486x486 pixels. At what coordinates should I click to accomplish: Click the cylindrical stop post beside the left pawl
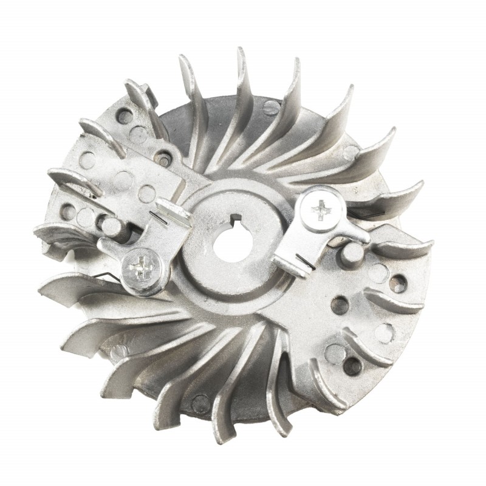(112, 226)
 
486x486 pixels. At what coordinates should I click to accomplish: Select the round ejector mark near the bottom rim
(200, 402)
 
